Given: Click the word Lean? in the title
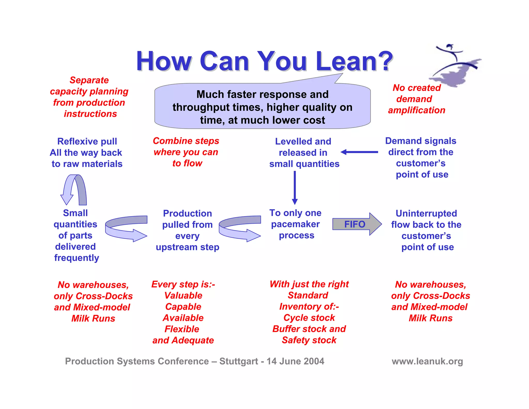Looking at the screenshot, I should click(x=354, y=62).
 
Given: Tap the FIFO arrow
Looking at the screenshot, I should click(x=356, y=224).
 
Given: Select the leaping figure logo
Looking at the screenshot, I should click(x=456, y=66).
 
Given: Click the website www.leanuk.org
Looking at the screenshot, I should click(x=427, y=361).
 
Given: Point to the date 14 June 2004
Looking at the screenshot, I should click(x=295, y=361).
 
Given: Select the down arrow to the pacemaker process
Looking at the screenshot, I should click(x=295, y=187).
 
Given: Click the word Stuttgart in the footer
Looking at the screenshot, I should click(x=239, y=361).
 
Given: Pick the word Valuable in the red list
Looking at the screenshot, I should click(x=183, y=296).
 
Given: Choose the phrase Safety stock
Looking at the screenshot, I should click(x=309, y=340).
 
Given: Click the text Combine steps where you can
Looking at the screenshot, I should click(x=186, y=146).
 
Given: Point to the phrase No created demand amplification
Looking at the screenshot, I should click(x=416, y=99).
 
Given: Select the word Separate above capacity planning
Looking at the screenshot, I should click(x=89, y=80).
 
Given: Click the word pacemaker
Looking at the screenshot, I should click(x=295, y=224).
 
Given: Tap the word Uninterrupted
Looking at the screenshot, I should click(x=426, y=214).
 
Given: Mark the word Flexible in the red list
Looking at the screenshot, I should click(x=182, y=329).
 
